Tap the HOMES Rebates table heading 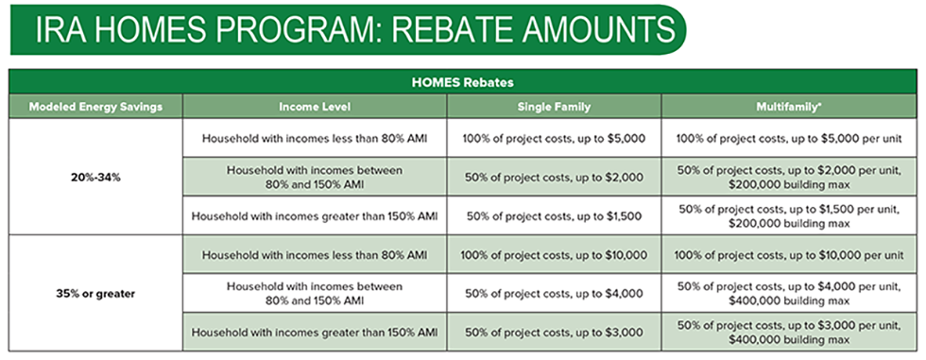(x=462, y=82)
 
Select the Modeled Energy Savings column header (x=95, y=107)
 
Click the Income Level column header (x=315, y=107)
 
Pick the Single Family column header (x=554, y=107)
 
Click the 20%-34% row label (x=95, y=177)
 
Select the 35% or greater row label (x=95, y=293)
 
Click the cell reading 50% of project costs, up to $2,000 (x=555, y=177)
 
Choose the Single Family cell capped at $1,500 (x=554, y=216)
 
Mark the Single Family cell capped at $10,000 (x=554, y=255)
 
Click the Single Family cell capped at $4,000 (x=554, y=293)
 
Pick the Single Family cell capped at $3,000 (x=554, y=333)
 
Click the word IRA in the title (x=56, y=30)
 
